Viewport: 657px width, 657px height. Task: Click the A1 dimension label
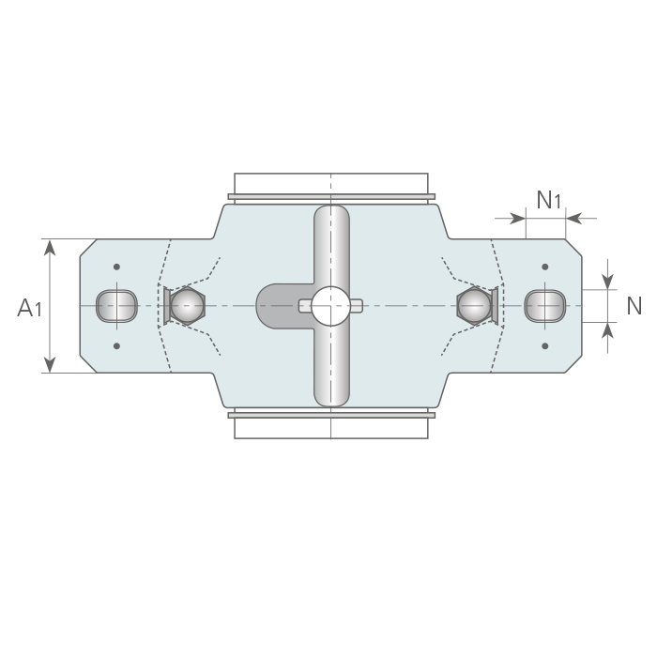(x=30, y=308)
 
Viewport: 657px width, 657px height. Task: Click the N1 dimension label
(x=548, y=200)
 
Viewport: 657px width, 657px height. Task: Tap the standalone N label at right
(x=634, y=306)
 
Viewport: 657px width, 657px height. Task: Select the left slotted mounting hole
(x=117, y=306)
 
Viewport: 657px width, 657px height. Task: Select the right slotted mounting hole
(x=545, y=306)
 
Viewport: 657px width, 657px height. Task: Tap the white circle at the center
(x=331, y=306)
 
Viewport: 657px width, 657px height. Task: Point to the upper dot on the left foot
(x=117, y=267)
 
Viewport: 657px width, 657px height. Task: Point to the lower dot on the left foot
(x=117, y=346)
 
